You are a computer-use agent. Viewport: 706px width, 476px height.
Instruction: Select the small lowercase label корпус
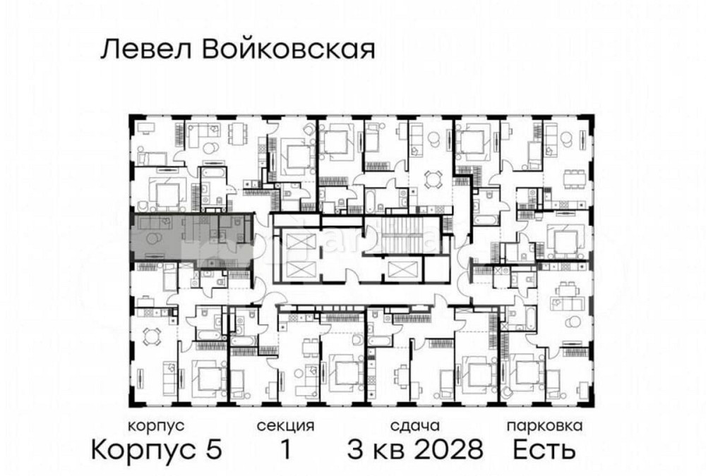(156, 426)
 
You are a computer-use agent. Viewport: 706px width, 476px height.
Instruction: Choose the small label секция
(285, 426)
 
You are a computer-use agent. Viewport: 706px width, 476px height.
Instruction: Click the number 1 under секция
(285, 448)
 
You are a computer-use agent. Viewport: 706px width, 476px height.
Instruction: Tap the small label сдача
(415, 426)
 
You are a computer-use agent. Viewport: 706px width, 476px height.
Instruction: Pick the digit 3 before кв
(355, 448)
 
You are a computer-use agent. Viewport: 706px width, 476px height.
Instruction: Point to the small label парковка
(544, 426)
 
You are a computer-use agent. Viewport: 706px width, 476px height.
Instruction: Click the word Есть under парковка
(544, 448)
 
